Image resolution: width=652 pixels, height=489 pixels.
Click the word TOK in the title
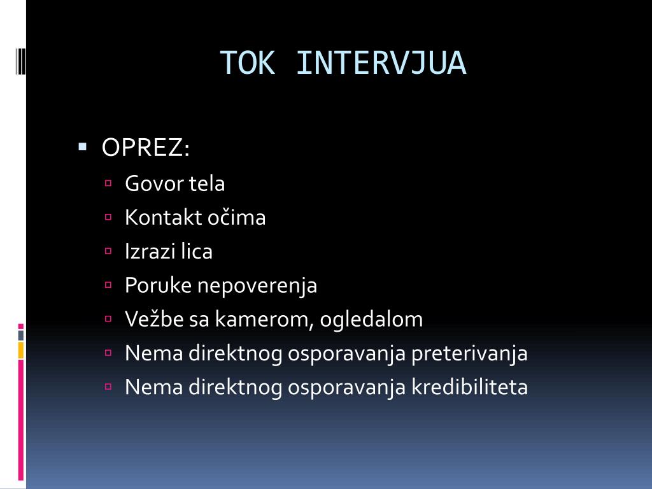pyautogui.click(x=248, y=63)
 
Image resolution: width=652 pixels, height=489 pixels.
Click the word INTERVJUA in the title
pyautogui.click(x=381, y=63)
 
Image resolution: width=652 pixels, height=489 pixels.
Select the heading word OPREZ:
pyautogui.click(x=146, y=148)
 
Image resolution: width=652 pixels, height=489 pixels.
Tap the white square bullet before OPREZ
pyautogui.click(x=82, y=147)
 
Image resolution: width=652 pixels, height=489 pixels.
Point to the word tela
pyautogui.click(x=206, y=184)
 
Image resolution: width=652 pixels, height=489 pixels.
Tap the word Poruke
pyautogui.click(x=158, y=285)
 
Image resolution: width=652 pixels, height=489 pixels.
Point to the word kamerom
pyautogui.click(x=262, y=319)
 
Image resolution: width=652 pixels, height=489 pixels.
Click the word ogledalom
pyautogui.click(x=371, y=319)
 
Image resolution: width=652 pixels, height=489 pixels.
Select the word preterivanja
pyautogui.click(x=469, y=353)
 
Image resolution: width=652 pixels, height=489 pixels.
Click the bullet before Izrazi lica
pyautogui.click(x=108, y=251)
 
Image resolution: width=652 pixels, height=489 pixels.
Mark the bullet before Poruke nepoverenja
pyautogui.click(x=108, y=285)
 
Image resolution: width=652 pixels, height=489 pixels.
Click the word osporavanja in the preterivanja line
pyautogui.click(x=346, y=353)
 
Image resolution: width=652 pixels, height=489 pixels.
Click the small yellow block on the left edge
pyautogui.click(x=21, y=349)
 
